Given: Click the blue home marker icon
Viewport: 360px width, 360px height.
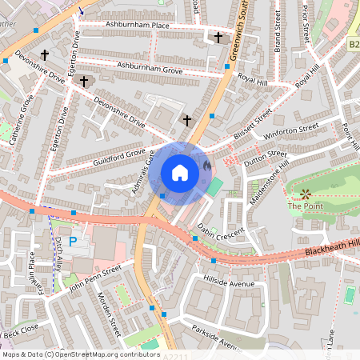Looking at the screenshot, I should click(x=180, y=172).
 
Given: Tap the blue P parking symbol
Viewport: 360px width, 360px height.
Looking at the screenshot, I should click(x=73, y=240).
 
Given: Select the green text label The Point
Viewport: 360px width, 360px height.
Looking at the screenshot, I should click(x=302, y=206).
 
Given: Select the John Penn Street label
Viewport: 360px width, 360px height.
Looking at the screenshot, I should click(x=94, y=278).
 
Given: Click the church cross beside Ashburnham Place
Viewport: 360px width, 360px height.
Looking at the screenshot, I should click(x=218, y=37).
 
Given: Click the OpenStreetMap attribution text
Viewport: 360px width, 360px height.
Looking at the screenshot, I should click(x=81, y=354).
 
